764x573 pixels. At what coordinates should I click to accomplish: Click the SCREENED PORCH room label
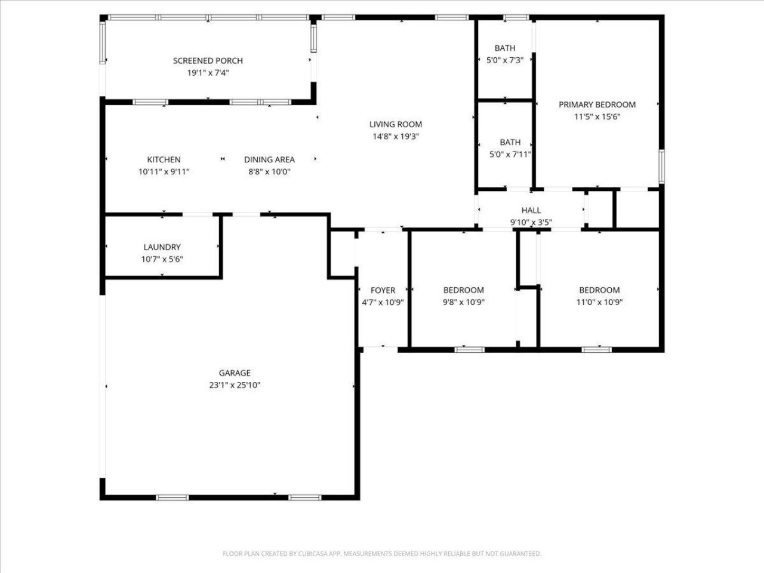pyautogui.click(x=208, y=61)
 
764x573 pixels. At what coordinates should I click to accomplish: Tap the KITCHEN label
pyautogui.click(x=164, y=160)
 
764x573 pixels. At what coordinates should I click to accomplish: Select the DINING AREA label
pyautogui.click(x=269, y=160)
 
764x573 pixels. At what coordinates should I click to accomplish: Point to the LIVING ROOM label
pyautogui.click(x=395, y=125)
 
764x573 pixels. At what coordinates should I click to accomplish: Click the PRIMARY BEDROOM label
pyautogui.click(x=597, y=105)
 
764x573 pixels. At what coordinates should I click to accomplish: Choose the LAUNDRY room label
pyautogui.click(x=162, y=247)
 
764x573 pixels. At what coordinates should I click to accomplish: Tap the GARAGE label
pyautogui.click(x=235, y=374)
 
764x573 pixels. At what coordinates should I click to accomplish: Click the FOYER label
pyautogui.click(x=383, y=291)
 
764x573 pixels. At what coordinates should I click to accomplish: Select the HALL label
pyautogui.click(x=531, y=211)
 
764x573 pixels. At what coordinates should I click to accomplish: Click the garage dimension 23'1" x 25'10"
pyautogui.click(x=235, y=386)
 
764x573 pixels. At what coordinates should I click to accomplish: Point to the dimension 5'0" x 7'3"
pyautogui.click(x=505, y=60)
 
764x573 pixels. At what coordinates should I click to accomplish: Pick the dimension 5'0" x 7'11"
pyautogui.click(x=510, y=155)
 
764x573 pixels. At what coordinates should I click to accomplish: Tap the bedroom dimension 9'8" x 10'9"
pyautogui.click(x=463, y=303)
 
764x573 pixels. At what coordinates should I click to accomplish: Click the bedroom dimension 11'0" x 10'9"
pyautogui.click(x=599, y=303)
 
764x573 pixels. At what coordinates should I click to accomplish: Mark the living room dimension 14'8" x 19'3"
pyautogui.click(x=395, y=137)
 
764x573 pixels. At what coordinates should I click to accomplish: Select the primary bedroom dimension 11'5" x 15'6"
pyautogui.click(x=597, y=117)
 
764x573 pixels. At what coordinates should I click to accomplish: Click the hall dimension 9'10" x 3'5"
pyautogui.click(x=531, y=223)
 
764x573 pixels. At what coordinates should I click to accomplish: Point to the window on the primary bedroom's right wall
pyautogui.click(x=661, y=166)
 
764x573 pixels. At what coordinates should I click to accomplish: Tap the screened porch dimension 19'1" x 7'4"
pyautogui.click(x=208, y=73)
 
